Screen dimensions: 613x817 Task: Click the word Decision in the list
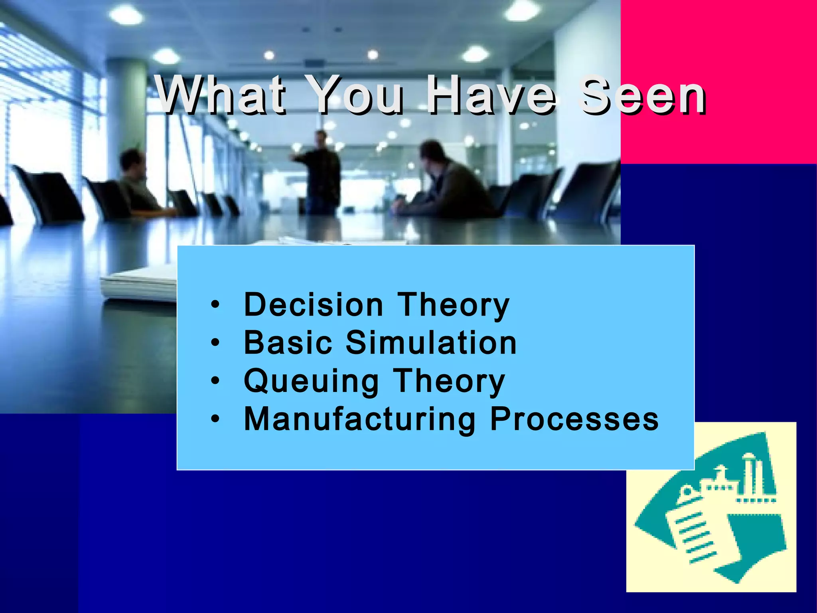[x=314, y=305]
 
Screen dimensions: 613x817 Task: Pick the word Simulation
[x=431, y=343]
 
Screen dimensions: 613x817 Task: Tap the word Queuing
[x=312, y=382]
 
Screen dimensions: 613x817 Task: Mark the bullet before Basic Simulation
[x=215, y=343]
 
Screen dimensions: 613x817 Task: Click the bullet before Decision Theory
[x=215, y=305]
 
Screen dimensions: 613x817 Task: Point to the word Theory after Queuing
[x=450, y=382]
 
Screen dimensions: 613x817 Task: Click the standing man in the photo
[x=322, y=172]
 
